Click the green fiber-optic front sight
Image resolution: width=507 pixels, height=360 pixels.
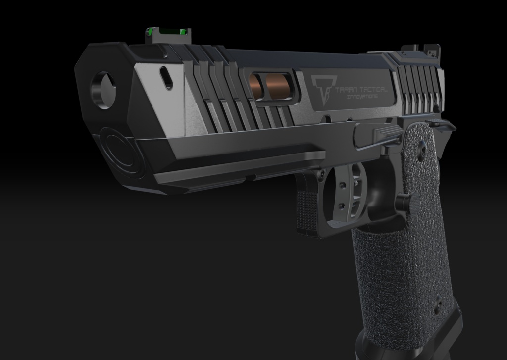(167, 33)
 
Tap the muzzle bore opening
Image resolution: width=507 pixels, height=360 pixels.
(103, 90)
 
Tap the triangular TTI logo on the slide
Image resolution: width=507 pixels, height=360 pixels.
(319, 89)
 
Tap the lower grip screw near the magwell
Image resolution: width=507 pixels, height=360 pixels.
(438, 302)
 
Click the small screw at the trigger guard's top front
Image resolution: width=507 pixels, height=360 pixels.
(322, 173)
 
